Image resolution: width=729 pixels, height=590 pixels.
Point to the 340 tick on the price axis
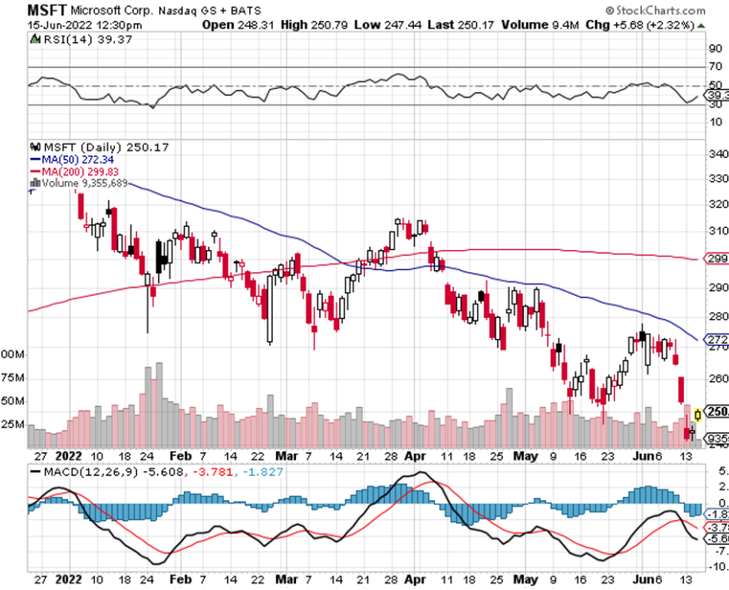715,154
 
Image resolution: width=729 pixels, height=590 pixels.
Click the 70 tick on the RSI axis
715,66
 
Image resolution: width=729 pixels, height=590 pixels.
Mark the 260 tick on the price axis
715,378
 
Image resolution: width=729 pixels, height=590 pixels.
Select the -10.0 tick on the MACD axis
716,568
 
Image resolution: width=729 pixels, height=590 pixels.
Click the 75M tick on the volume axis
12,378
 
